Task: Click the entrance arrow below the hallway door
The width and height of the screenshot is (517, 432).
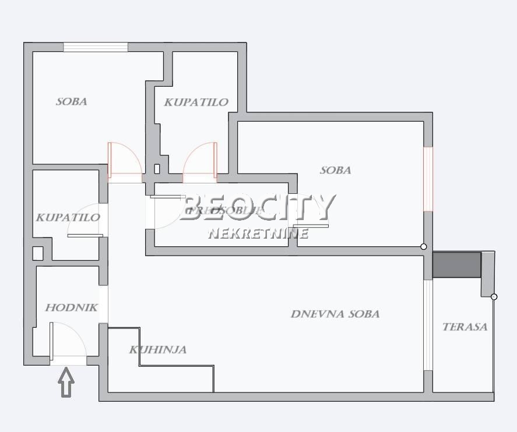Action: pyautogui.click(x=67, y=384)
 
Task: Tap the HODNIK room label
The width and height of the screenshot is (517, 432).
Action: pyautogui.click(x=72, y=308)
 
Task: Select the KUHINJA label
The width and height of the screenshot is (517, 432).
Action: pyautogui.click(x=158, y=350)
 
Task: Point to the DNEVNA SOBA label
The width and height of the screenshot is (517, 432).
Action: pyautogui.click(x=335, y=314)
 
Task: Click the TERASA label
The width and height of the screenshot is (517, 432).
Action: pyautogui.click(x=465, y=327)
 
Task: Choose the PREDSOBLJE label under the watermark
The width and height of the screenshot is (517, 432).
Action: pyautogui.click(x=221, y=211)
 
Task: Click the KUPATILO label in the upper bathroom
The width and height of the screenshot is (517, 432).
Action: pyautogui.click(x=196, y=102)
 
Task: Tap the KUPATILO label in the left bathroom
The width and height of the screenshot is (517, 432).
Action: pyautogui.click(x=68, y=218)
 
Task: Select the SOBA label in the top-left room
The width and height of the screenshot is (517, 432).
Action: pyautogui.click(x=72, y=101)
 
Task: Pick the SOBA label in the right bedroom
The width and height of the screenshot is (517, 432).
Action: pyautogui.click(x=336, y=171)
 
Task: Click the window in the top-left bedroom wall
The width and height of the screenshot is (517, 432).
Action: pyautogui.click(x=96, y=47)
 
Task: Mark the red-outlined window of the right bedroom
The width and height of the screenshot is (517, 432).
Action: pyautogui.click(x=428, y=178)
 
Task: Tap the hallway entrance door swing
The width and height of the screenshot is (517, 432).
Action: pyautogui.click(x=68, y=341)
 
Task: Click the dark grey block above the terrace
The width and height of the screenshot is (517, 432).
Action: pyautogui.click(x=457, y=264)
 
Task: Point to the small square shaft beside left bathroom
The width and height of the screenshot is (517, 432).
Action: pyautogui.click(x=38, y=253)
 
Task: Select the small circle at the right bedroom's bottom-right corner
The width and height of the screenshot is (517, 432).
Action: pyautogui.click(x=424, y=247)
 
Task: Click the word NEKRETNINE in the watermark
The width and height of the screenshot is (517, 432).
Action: pyautogui.click(x=258, y=233)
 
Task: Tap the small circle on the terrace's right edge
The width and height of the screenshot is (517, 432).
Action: pyautogui.click(x=494, y=297)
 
